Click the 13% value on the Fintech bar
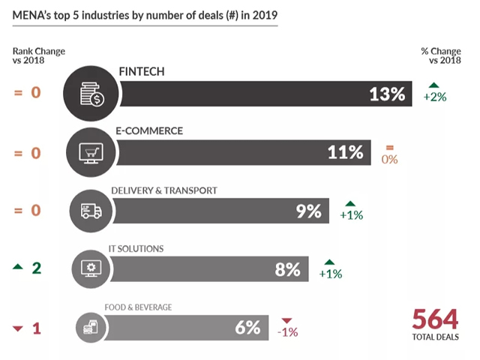click(387, 94)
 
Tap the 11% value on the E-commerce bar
click(345, 152)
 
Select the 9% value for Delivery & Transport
click(308, 211)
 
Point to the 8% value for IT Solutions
click(287, 268)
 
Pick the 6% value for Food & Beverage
click(247, 327)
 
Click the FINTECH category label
click(142, 71)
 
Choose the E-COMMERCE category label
click(149, 130)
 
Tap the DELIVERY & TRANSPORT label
click(163, 190)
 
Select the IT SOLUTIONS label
click(137, 248)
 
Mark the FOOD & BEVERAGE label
click(139, 307)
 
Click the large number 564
click(434, 320)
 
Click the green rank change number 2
click(36, 268)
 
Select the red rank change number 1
click(36, 327)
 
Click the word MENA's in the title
click(33, 14)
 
